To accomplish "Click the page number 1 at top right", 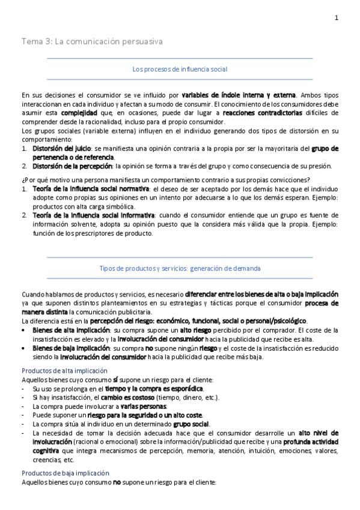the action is pyautogui.click(x=337, y=18).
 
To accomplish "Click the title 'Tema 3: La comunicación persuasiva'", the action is pyautogui.click(x=92, y=41).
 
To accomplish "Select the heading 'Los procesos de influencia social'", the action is pyautogui.click(x=180, y=69).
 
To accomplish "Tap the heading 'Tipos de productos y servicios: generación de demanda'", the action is pyautogui.click(x=180, y=268).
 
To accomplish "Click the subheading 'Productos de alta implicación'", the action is pyautogui.click(x=64, y=371).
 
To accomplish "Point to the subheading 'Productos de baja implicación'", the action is pyautogui.click(x=65, y=473).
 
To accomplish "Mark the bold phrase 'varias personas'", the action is pyautogui.click(x=142, y=406).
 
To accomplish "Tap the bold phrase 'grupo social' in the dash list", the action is pyautogui.click(x=191, y=424).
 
